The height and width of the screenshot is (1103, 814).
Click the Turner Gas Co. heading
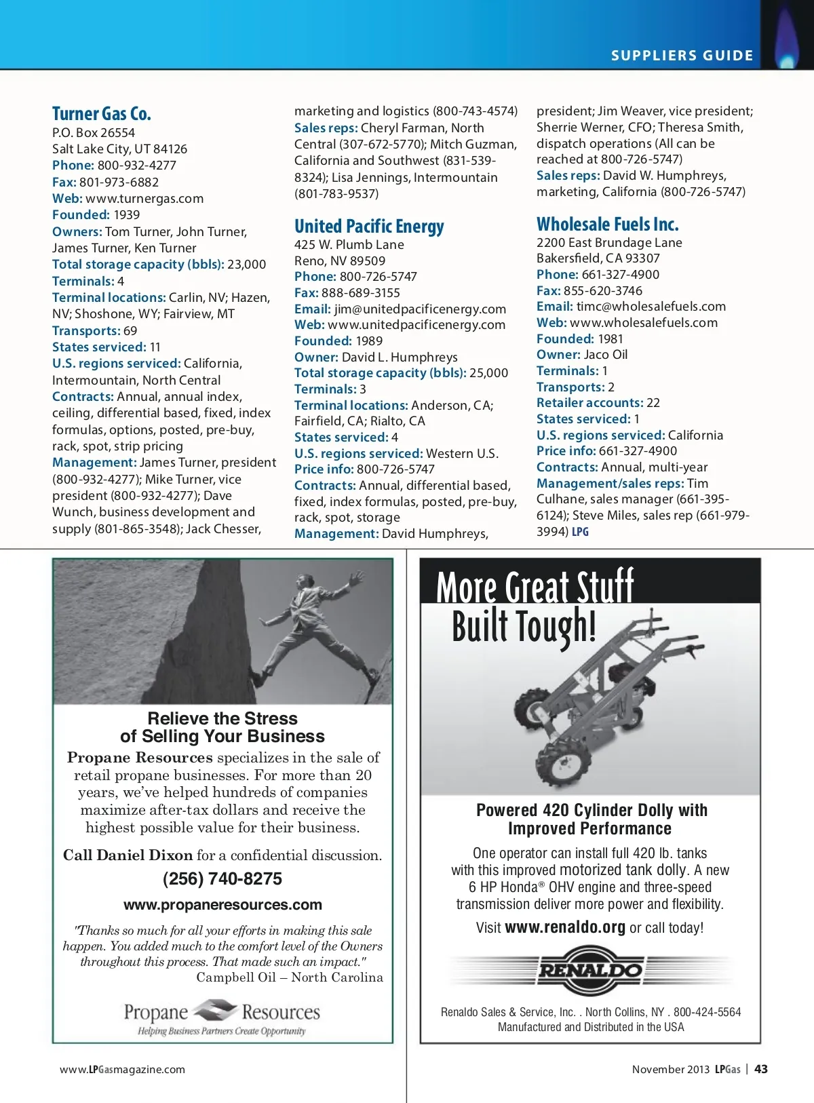pos(102,114)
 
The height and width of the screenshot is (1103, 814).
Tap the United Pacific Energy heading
pos(369,227)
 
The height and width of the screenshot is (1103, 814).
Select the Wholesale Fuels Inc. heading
pos(607,225)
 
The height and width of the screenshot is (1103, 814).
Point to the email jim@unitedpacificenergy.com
pos(420,309)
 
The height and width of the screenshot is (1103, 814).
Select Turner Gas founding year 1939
pos(127,215)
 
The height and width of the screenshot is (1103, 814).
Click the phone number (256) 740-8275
pos(222,879)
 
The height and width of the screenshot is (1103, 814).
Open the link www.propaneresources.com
pos(222,905)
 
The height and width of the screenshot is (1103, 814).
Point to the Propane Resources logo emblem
pos(215,1011)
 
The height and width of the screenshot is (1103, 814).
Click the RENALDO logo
pos(590,970)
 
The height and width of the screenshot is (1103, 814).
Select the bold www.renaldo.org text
pos(565,927)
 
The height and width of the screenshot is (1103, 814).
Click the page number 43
pos(762,1069)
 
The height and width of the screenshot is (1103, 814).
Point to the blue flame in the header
pos(787,41)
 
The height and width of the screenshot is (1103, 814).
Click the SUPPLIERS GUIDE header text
pos(682,56)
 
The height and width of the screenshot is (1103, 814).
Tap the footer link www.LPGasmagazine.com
pos(122,1070)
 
